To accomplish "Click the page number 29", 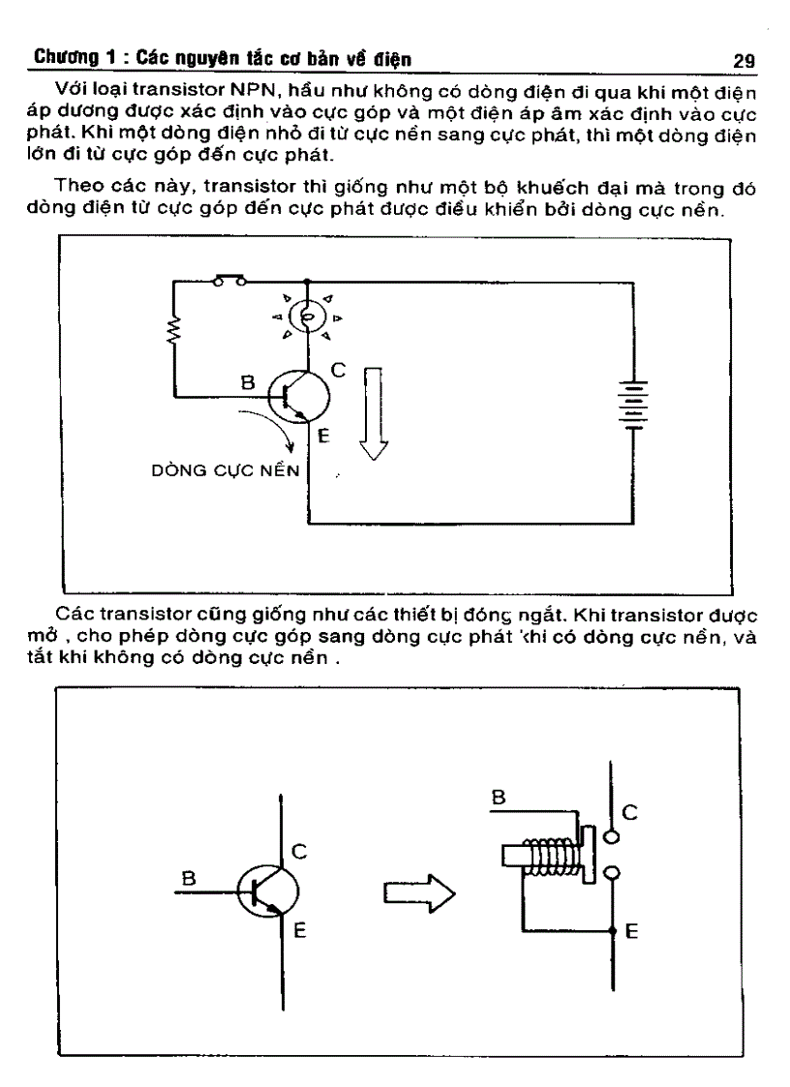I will [744, 61].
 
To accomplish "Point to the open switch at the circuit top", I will [228, 281].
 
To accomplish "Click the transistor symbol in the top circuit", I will [297, 394].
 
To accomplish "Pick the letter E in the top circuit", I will [323, 436].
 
